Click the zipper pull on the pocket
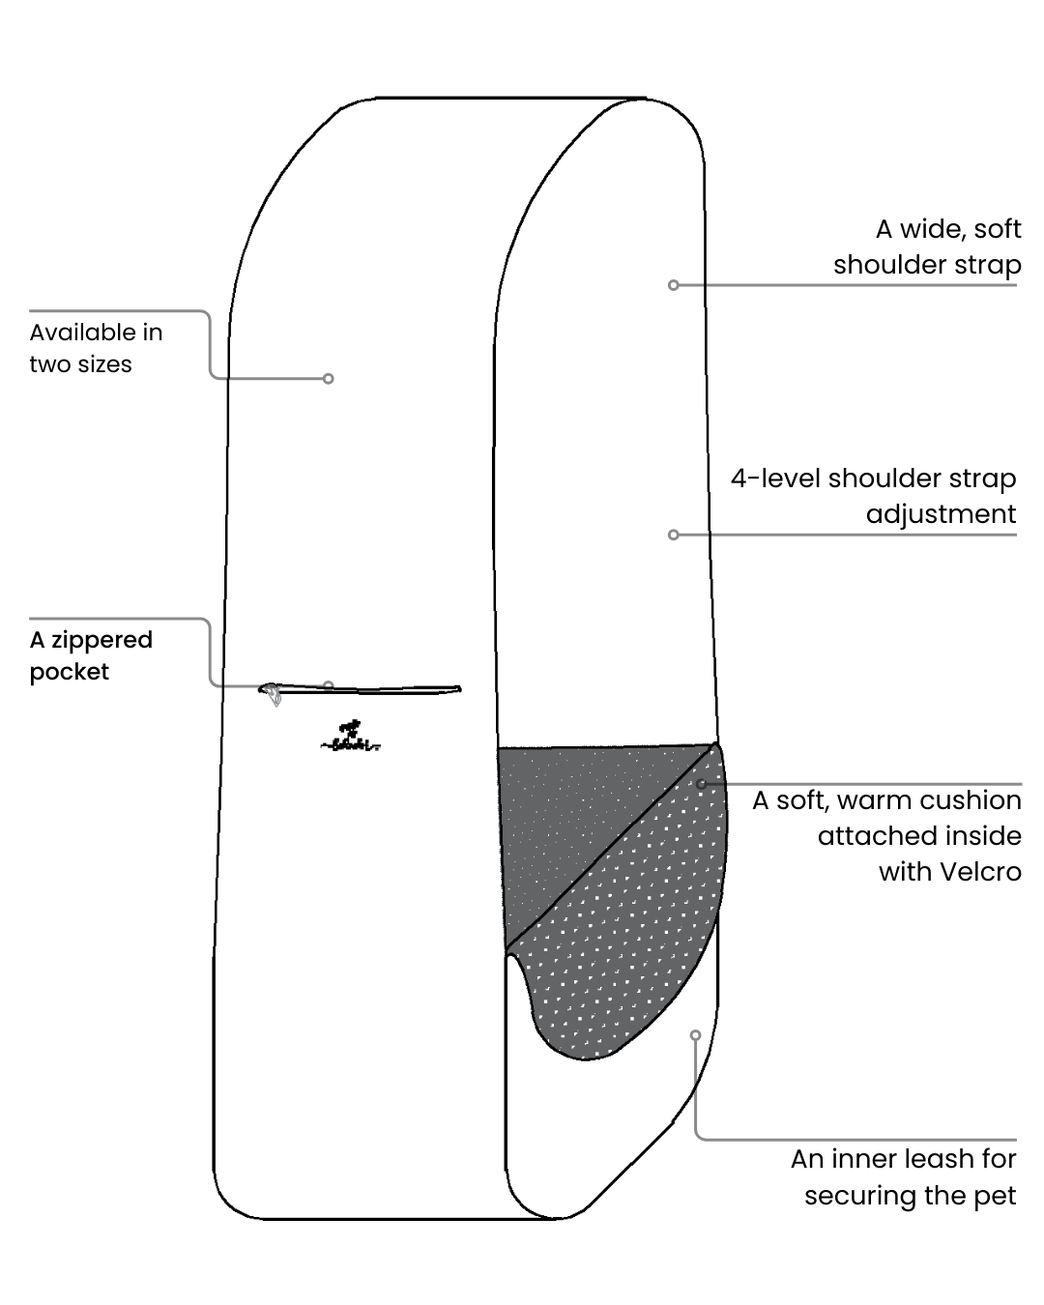click(274, 693)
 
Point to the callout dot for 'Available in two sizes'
click(329, 379)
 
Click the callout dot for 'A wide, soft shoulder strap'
click(674, 285)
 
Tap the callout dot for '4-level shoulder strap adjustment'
click(674, 535)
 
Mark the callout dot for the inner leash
click(695, 1035)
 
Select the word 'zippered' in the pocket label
click(101, 640)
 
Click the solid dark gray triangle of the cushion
click(570, 812)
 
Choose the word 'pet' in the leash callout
click(995, 1196)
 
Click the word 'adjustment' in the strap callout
click(941, 514)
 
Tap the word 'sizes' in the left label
click(106, 364)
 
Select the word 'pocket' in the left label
click(70, 672)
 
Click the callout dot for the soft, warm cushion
click(702, 784)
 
